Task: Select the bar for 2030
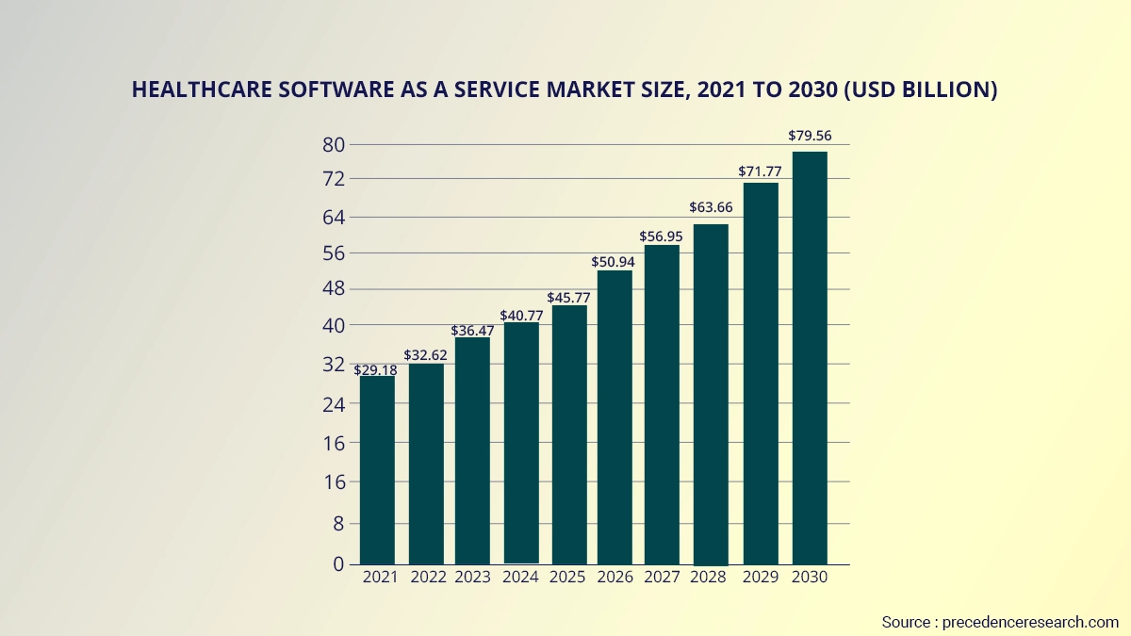[x=810, y=357]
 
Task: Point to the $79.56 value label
[x=810, y=136]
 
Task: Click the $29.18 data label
[x=376, y=370]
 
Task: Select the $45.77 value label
[x=568, y=299]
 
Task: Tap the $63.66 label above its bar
[x=712, y=207]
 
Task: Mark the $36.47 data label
[x=473, y=331]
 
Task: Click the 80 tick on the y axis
[x=335, y=145]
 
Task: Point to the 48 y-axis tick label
[x=335, y=288]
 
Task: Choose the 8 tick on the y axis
[x=340, y=524]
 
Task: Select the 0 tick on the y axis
[x=340, y=564]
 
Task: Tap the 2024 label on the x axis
[x=521, y=578]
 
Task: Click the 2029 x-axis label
[x=762, y=578]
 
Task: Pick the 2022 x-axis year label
[x=425, y=578]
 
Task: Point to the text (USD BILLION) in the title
[x=919, y=90]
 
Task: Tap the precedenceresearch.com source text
[x=1030, y=622]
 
